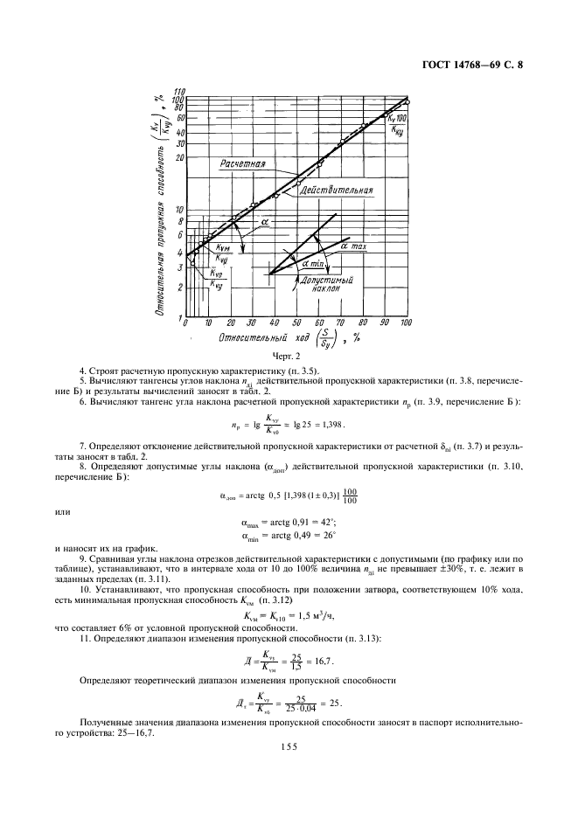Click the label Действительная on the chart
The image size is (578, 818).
[336, 190]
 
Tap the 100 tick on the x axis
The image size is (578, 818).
[406, 323]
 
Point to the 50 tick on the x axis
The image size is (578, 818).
[296, 323]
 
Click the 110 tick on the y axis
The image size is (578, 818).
[179, 91]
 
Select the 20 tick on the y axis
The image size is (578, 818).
[180, 157]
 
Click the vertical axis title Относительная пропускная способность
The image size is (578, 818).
[162, 210]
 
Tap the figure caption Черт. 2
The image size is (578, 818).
[289, 357]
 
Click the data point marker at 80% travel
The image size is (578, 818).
[363, 127]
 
